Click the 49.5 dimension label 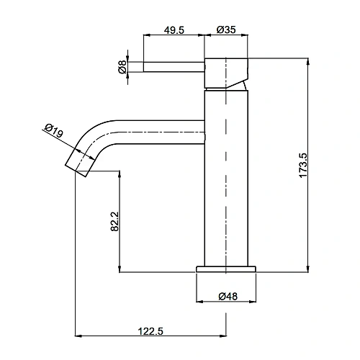click(174, 30)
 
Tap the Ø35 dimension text click(226, 30)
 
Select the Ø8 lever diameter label click(122, 67)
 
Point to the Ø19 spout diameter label click(54, 130)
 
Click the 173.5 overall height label click(303, 166)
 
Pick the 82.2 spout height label click(114, 221)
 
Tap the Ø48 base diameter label click(228, 297)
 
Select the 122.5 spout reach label click(150, 331)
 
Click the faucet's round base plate click(226, 269)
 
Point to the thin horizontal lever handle click(174, 67)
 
